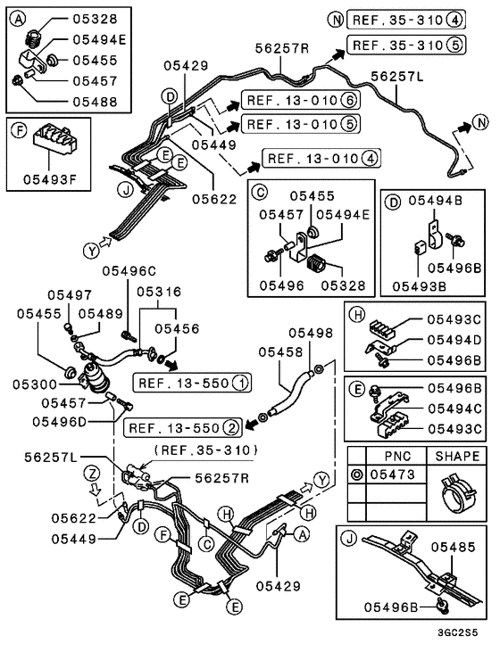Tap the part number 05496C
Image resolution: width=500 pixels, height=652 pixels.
(x=129, y=270)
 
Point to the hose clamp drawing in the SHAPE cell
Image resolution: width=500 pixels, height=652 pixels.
(x=456, y=496)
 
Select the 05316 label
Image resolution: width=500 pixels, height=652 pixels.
(x=159, y=292)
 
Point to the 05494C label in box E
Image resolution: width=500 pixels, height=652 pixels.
(x=454, y=408)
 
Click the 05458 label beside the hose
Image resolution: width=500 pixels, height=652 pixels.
(x=281, y=352)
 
